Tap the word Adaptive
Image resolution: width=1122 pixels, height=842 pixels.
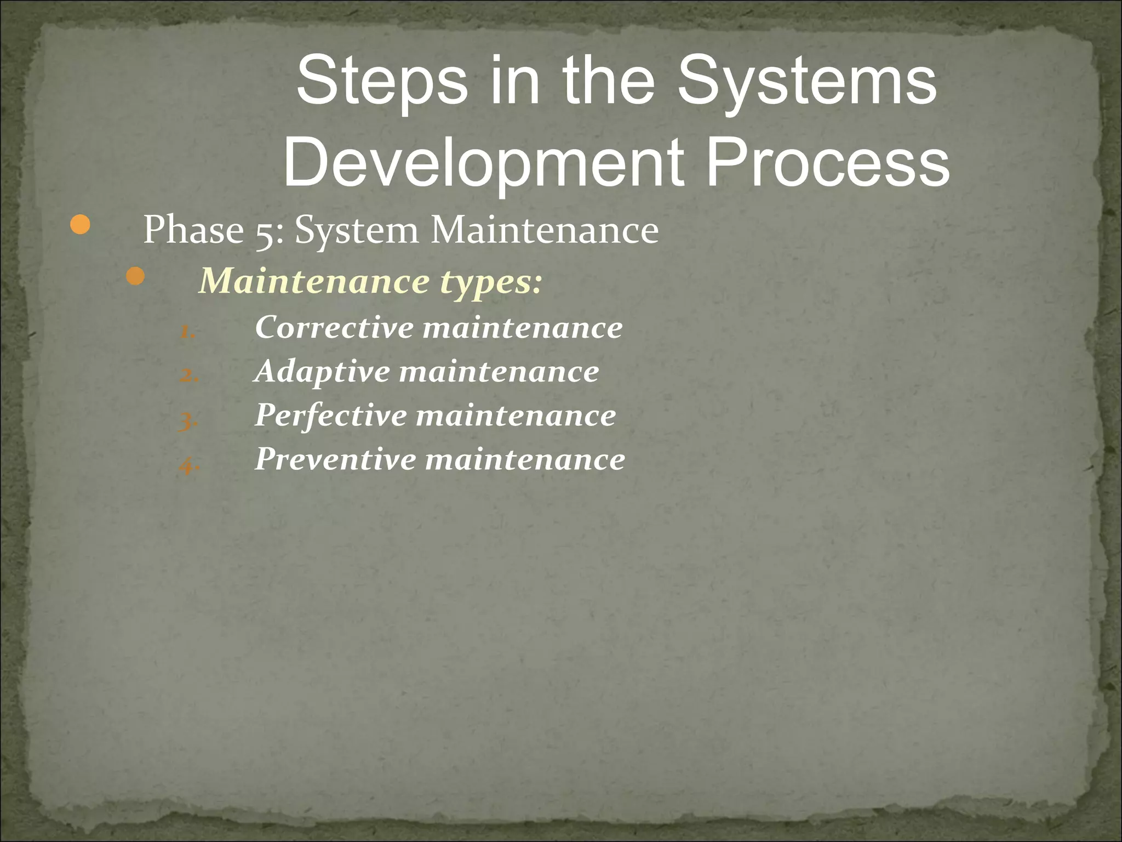[x=322, y=372]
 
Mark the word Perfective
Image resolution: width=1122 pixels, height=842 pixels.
[x=331, y=415]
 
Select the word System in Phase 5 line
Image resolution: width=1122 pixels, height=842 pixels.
[x=357, y=230]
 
